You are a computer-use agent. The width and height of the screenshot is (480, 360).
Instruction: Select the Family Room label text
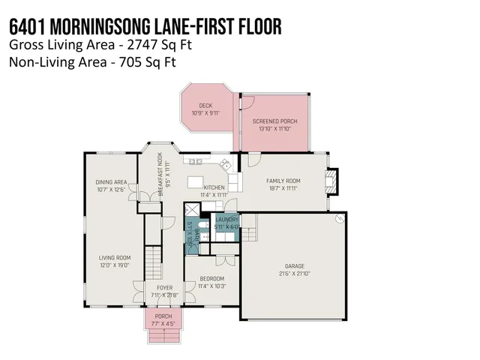tap(283, 181)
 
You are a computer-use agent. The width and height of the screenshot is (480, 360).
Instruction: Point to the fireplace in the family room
tap(333, 180)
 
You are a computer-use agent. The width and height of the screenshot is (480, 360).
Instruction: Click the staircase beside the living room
tap(153, 262)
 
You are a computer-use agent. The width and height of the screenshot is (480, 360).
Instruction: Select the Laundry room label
tap(227, 219)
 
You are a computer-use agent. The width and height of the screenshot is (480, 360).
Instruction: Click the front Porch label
tap(163, 316)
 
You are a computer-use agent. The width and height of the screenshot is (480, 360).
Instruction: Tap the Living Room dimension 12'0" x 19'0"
tap(115, 265)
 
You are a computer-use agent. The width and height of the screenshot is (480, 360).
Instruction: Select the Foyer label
tap(164, 288)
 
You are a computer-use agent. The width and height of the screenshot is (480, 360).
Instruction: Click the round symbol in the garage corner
tap(339, 218)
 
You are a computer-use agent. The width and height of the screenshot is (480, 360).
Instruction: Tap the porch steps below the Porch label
tap(163, 332)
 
